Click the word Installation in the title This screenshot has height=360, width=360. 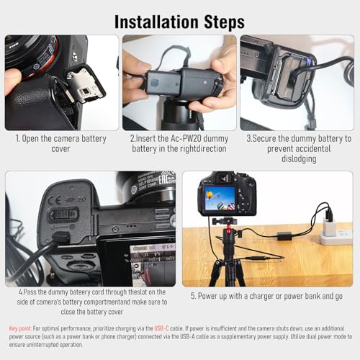[x=157, y=22]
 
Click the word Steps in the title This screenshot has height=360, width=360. [x=224, y=22]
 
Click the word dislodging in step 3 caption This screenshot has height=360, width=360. [x=299, y=159]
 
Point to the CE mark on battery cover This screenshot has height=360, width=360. [x=54, y=200]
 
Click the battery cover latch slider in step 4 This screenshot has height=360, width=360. [x=63, y=215]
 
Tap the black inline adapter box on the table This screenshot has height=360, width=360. [x=284, y=236]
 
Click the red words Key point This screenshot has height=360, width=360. [x=20, y=328]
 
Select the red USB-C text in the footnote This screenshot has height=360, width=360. [x=161, y=328]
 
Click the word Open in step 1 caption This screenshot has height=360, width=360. [x=30, y=139]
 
